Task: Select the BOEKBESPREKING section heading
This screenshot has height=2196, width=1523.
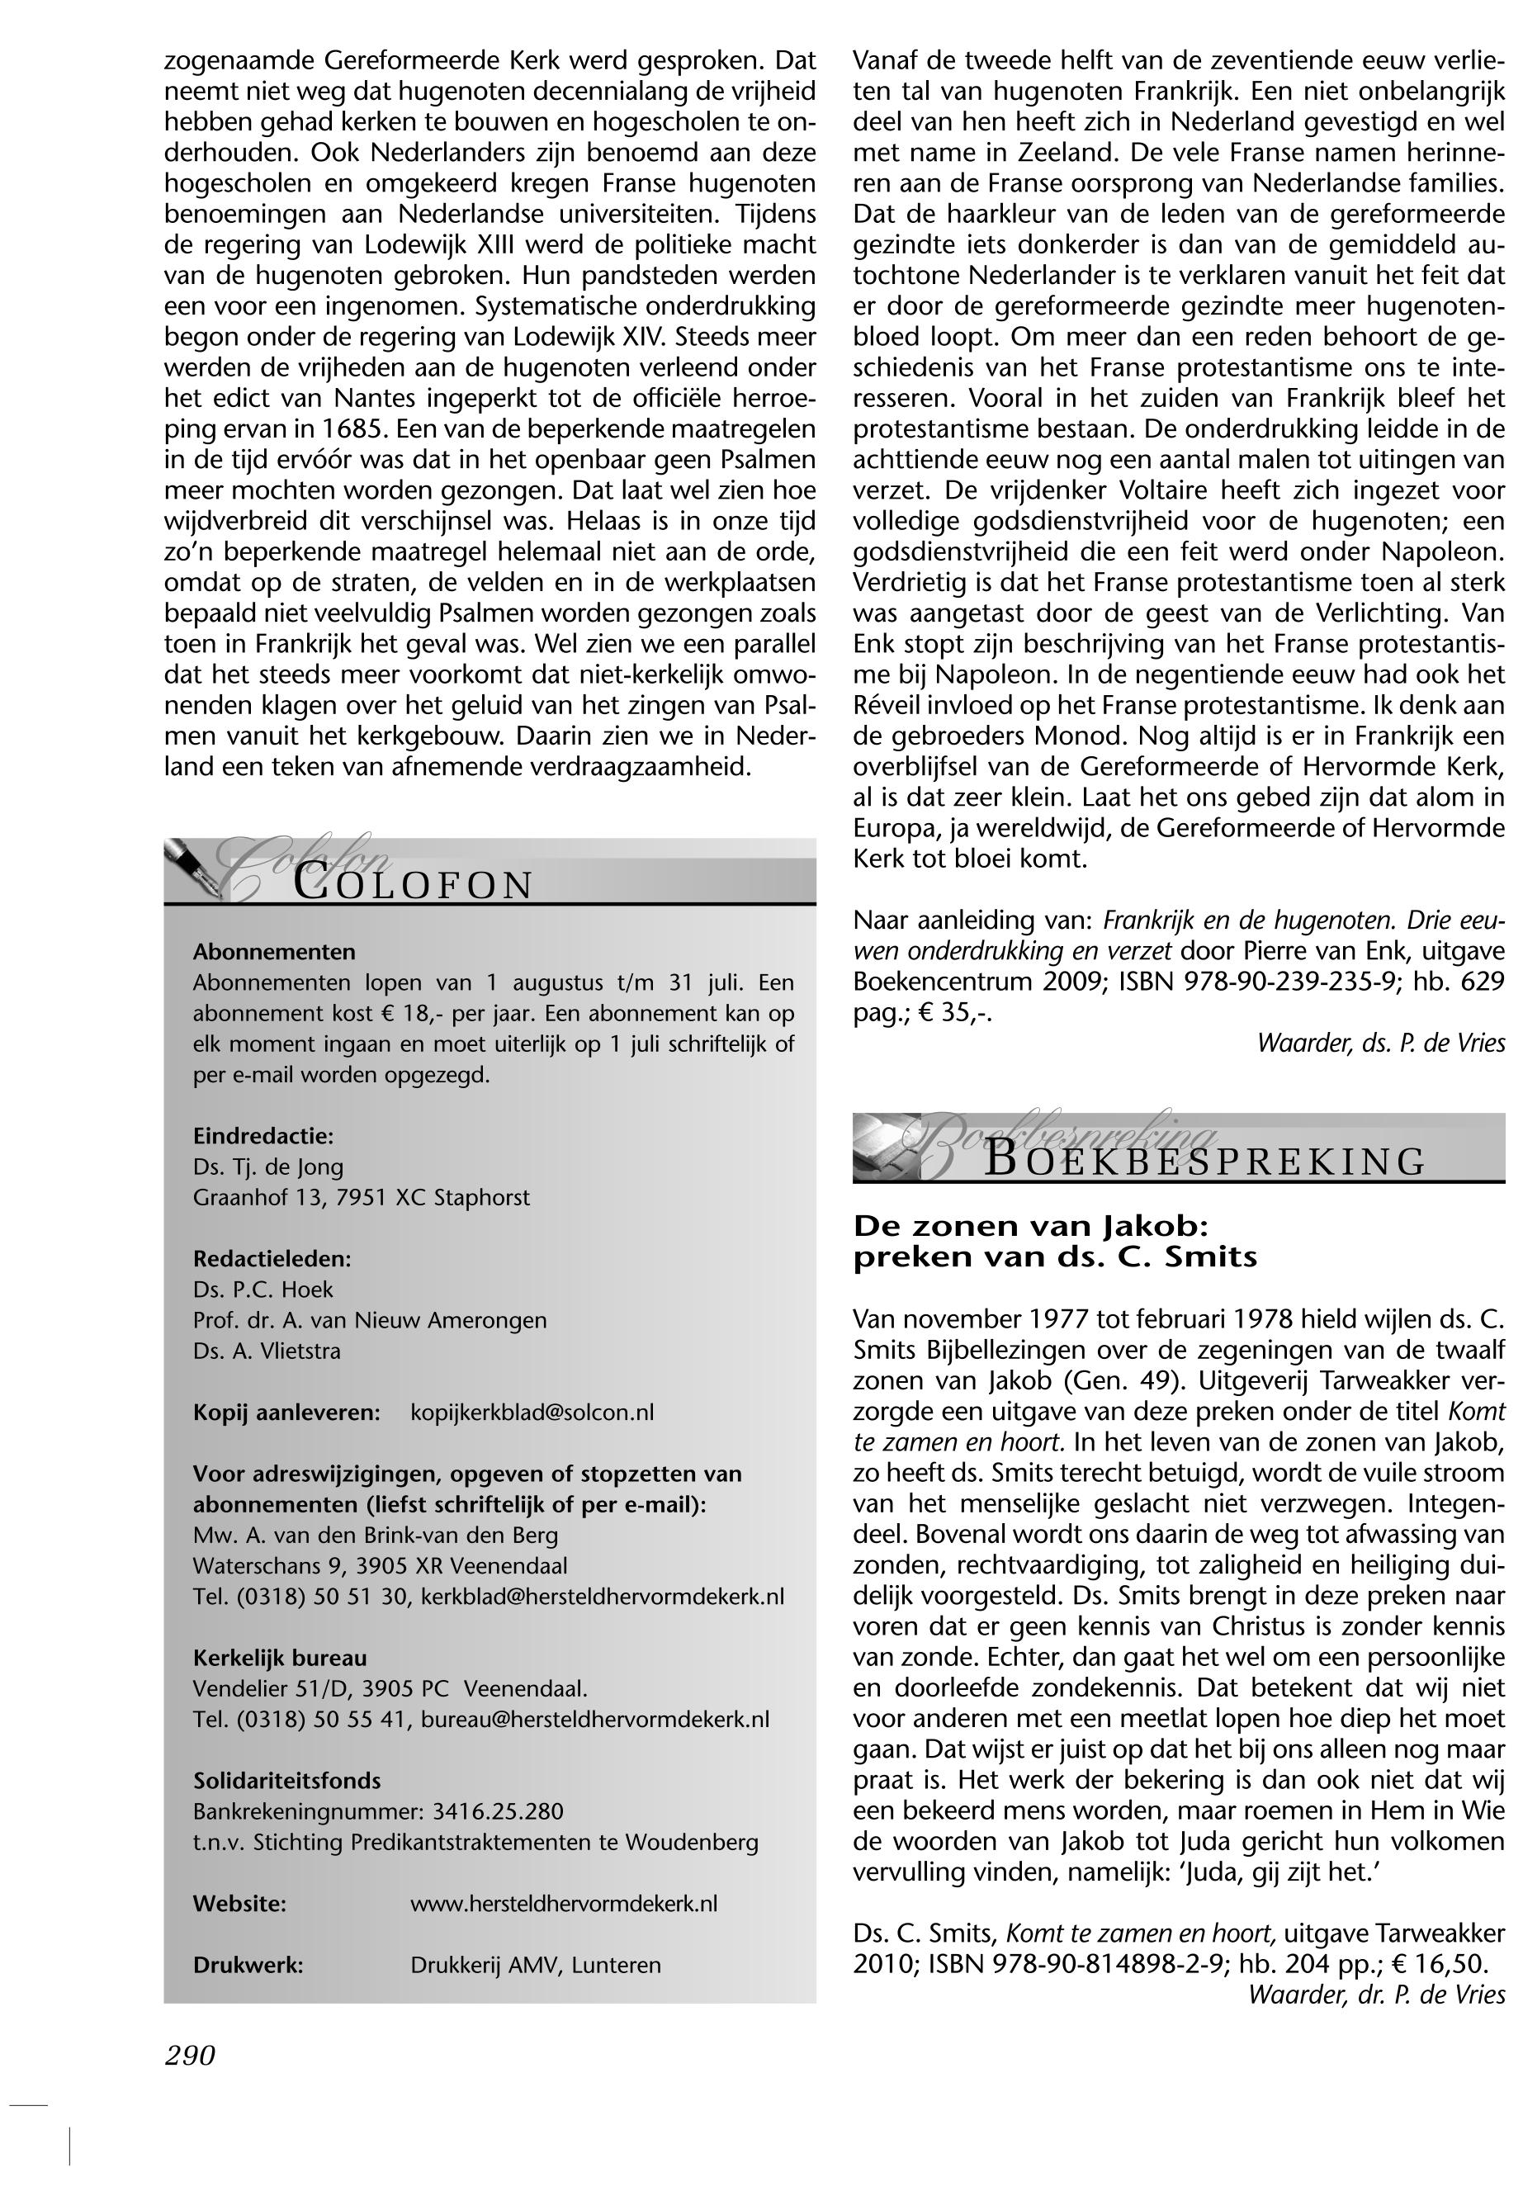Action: point(1204,1162)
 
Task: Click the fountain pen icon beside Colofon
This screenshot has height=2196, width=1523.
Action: point(194,868)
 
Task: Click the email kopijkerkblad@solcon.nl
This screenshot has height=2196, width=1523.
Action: point(532,1413)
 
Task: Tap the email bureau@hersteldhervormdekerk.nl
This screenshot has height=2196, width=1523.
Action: point(594,1720)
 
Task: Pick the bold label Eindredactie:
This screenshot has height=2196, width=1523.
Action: point(263,1136)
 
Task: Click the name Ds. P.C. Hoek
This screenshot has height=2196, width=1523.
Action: point(263,1290)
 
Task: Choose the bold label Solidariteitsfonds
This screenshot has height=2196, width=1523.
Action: point(286,1781)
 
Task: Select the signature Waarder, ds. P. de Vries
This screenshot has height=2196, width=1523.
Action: point(1380,1044)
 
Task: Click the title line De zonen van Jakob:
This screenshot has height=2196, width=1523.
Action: point(1030,1225)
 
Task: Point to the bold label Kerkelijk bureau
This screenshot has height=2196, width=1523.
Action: point(280,1658)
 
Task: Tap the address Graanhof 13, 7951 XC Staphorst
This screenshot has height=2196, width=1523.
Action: point(361,1197)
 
